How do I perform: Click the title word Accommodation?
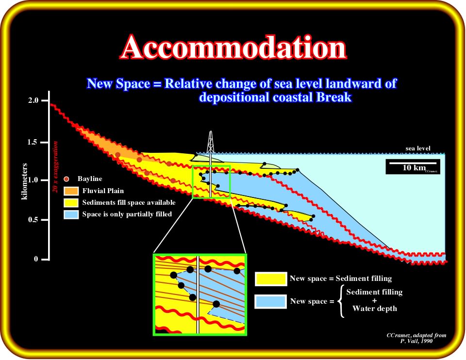(x=233, y=48)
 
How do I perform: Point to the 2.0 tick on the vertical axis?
(x=45, y=101)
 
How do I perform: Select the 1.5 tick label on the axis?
(x=33, y=142)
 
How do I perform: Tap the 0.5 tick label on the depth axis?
(x=33, y=220)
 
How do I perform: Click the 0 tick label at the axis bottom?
(x=36, y=259)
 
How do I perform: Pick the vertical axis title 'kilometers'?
(x=24, y=181)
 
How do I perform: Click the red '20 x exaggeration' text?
(x=55, y=166)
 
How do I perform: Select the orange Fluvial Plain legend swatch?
(x=71, y=191)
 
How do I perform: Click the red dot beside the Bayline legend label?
(x=67, y=179)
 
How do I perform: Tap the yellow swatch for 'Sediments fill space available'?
(x=71, y=203)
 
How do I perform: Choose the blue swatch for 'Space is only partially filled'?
(x=71, y=214)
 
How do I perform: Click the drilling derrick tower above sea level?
(x=210, y=142)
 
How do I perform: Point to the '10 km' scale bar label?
(x=414, y=168)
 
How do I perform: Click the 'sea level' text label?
(x=418, y=148)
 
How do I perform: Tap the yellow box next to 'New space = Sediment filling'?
(x=271, y=279)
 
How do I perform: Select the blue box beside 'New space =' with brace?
(x=271, y=301)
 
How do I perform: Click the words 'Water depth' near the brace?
(x=374, y=309)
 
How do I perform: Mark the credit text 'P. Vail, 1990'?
(x=416, y=341)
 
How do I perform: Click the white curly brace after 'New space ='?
(x=341, y=301)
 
